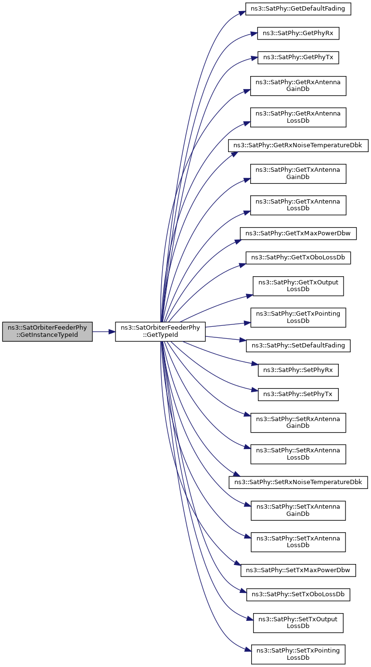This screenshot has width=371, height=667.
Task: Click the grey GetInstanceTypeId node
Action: point(47,332)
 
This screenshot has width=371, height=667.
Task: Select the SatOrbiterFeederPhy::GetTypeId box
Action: point(160,332)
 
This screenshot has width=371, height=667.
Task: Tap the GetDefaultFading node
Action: point(298,9)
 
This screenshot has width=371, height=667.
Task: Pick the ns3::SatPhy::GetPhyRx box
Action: point(298,33)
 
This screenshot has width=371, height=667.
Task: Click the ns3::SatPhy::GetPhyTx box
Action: point(298,57)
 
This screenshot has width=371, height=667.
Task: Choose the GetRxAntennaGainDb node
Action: point(298,86)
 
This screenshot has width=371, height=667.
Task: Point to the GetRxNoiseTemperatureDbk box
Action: point(298,145)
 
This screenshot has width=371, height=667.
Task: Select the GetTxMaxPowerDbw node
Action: point(298,233)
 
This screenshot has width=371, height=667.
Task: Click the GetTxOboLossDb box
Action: point(298,257)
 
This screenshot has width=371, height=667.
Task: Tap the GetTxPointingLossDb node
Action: point(298,318)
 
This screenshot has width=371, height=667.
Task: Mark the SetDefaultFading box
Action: point(298,346)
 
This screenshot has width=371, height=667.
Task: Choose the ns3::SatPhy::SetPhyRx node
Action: point(298,370)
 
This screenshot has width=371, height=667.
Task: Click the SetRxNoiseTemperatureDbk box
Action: point(298,482)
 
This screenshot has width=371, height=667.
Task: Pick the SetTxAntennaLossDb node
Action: point(298,542)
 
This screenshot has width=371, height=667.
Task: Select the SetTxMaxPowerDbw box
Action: point(298,570)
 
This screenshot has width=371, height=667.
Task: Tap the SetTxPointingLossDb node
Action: point(298,654)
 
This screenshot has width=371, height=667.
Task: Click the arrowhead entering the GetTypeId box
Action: point(112,332)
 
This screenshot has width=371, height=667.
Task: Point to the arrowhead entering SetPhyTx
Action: point(255,390)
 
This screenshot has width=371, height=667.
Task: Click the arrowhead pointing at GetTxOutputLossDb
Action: point(250,295)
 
